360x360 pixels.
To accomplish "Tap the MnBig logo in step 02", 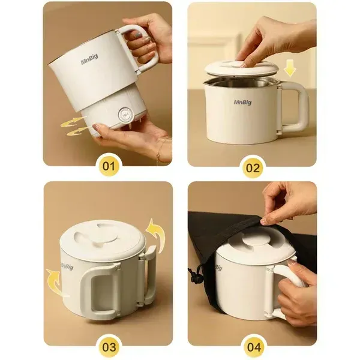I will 242,102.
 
